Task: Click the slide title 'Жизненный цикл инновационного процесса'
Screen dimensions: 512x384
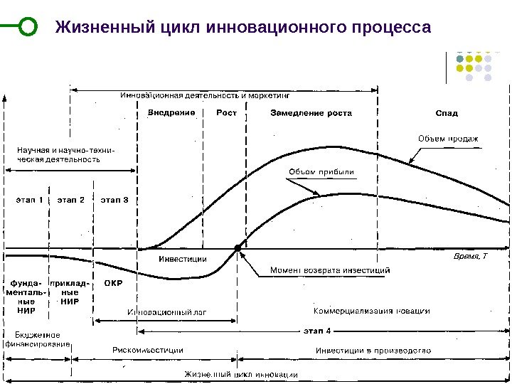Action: pyautogui.click(x=243, y=27)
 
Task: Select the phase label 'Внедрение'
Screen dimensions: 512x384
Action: pyautogui.click(x=171, y=112)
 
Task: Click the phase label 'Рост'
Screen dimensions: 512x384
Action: pyautogui.click(x=227, y=112)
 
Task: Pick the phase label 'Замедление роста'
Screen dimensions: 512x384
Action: pyautogui.click(x=311, y=112)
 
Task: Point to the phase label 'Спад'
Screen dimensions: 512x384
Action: pyautogui.click(x=447, y=112)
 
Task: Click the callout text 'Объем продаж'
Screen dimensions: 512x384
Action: pyautogui.click(x=447, y=138)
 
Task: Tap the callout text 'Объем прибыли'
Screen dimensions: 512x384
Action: pyautogui.click(x=321, y=171)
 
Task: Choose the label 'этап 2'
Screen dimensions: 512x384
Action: pyautogui.click(x=70, y=200)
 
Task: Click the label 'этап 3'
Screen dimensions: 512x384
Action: pyautogui.click(x=114, y=200)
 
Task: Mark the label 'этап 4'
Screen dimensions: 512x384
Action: pyautogui.click(x=318, y=330)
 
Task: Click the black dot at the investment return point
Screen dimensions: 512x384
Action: pyautogui.click(x=238, y=247)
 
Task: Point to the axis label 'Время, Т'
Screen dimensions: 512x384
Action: pyautogui.click(x=471, y=255)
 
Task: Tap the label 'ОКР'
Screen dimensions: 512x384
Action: pyautogui.click(x=114, y=283)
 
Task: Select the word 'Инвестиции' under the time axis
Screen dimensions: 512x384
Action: pyautogui.click(x=182, y=259)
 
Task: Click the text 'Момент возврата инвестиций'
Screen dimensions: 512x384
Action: pyautogui.click(x=330, y=270)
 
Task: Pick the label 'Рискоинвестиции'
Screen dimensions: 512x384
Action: pyautogui.click(x=148, y=350)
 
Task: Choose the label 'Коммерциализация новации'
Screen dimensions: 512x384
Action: pyautogui.click(x=372, y=311)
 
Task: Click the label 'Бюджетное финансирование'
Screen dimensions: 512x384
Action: pyautogui.click(x=38, y=339)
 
